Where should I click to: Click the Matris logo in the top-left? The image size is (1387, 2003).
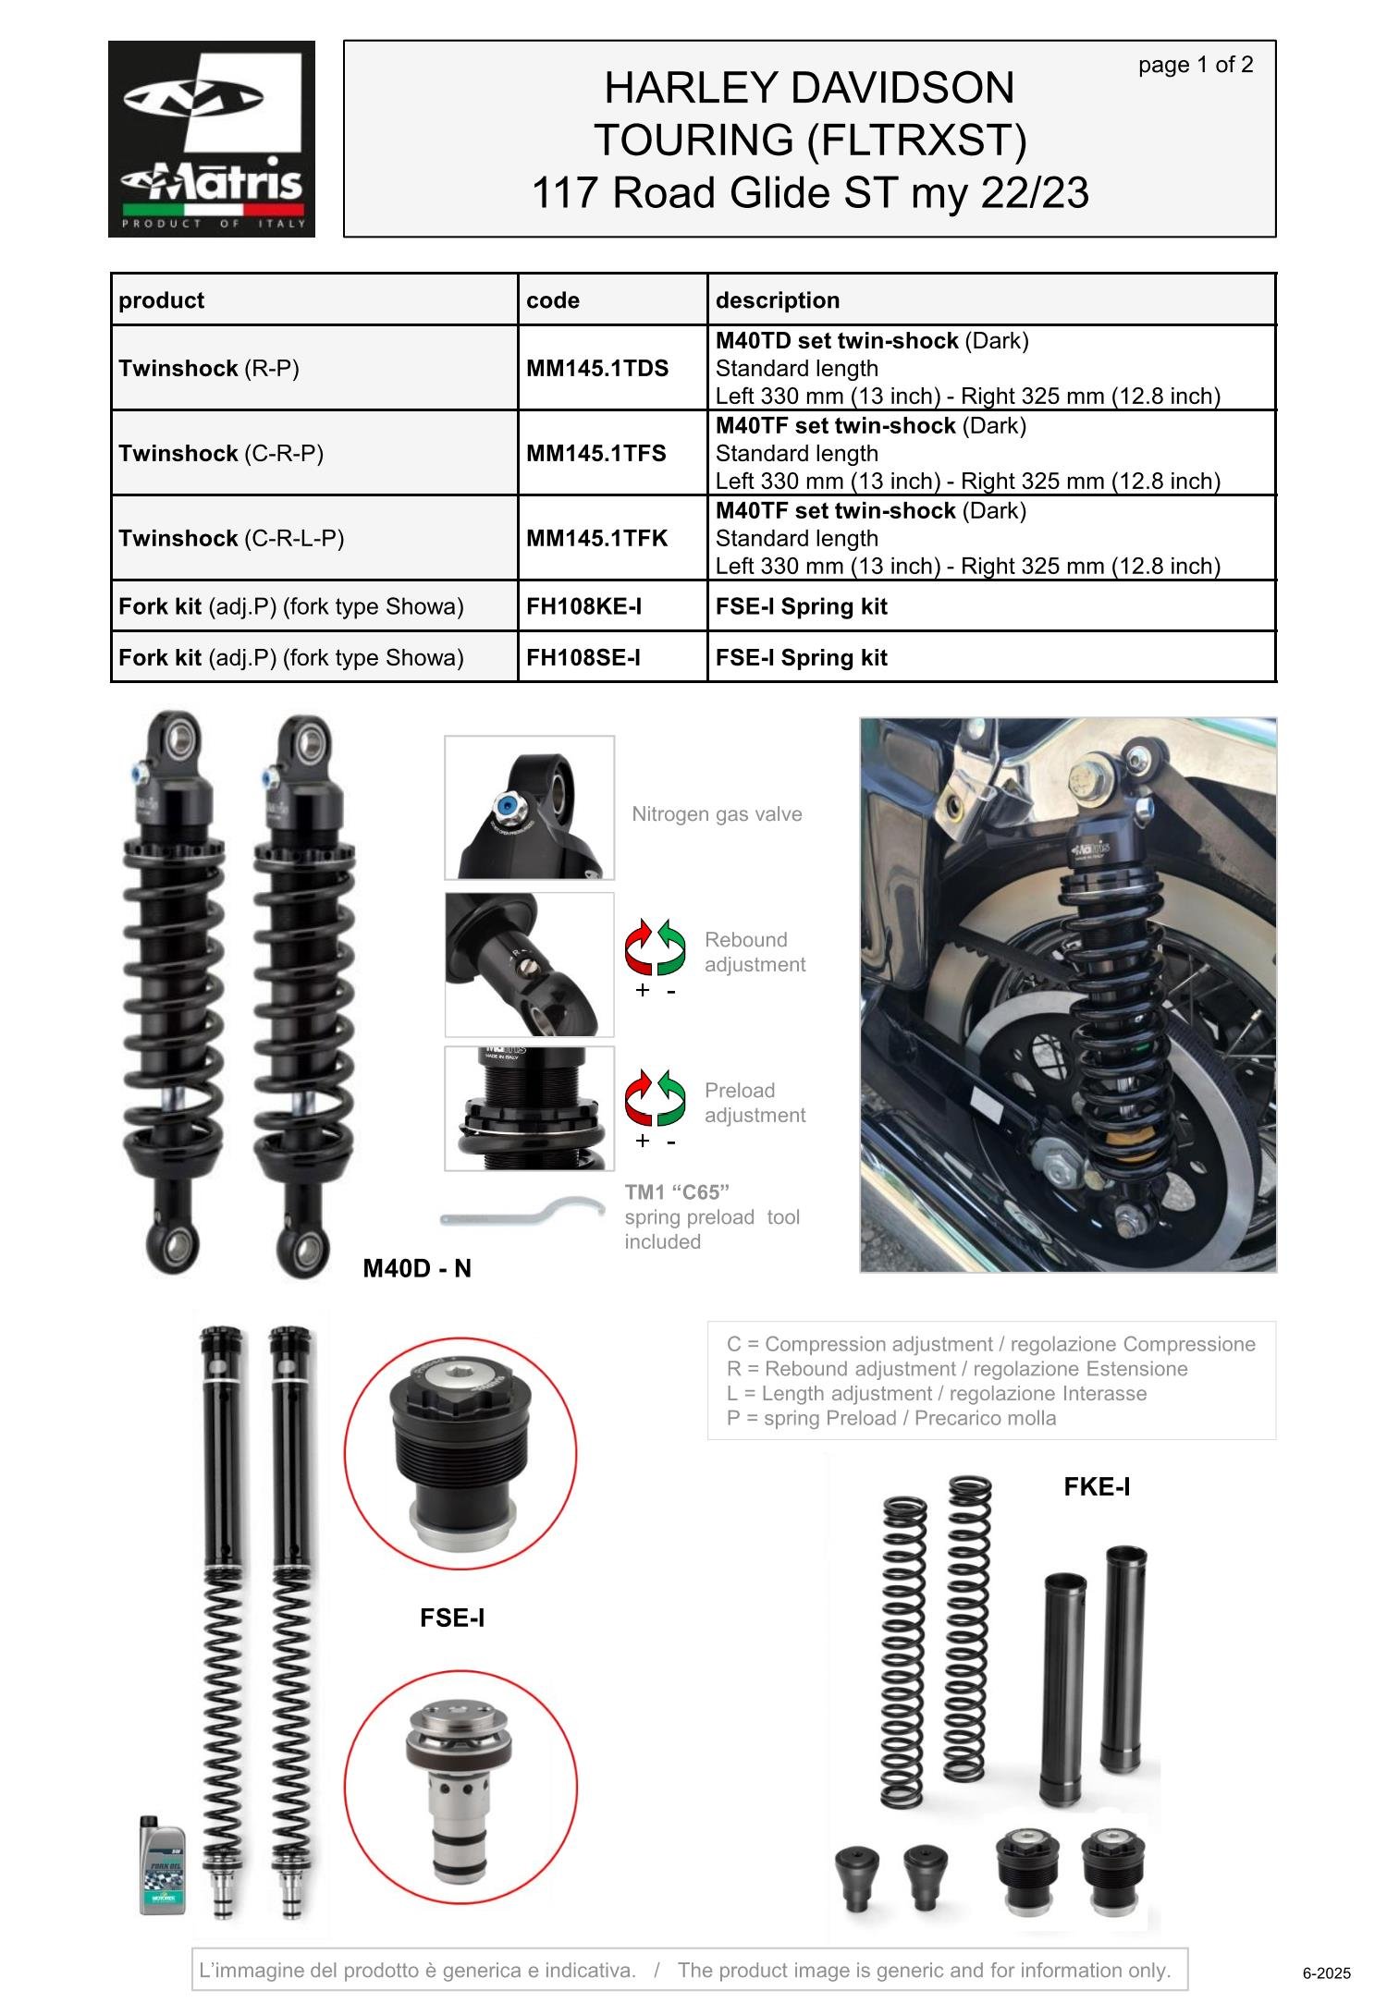pyautogui.click(x=212, y=139)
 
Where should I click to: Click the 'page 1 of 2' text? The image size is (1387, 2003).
pyautogui.click(x=1196, y=65)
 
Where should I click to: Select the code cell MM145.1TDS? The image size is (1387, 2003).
pyautogui.click(x=597, y=368)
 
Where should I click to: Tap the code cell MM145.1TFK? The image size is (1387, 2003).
pyautogui.click(x=596, y=538)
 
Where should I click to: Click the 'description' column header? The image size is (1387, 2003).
pyautogui.click(x=778, y=300)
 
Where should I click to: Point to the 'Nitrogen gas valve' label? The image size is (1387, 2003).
pyautogui.click(x=717, y=814)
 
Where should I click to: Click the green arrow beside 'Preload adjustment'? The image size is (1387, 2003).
pyautogui.click(x=671, y=1097)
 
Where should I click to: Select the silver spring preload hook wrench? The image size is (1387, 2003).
pyautogui.click(x=509, y=1213)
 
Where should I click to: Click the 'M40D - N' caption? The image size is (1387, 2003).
pyautogui.click(x=417, y=1268)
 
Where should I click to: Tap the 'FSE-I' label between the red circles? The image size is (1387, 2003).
pyautogui.click(x=452, y=1618)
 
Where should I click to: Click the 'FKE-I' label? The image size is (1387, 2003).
pyautogui.click(x=1097, y=1486)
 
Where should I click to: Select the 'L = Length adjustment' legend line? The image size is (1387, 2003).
pyautogui.click(x=937, y=1393)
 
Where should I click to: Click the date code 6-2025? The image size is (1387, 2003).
pyautogui.click(x=1327, y=1973)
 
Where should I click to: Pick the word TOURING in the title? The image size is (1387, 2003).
pyautogui.click(x=693, y=140)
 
